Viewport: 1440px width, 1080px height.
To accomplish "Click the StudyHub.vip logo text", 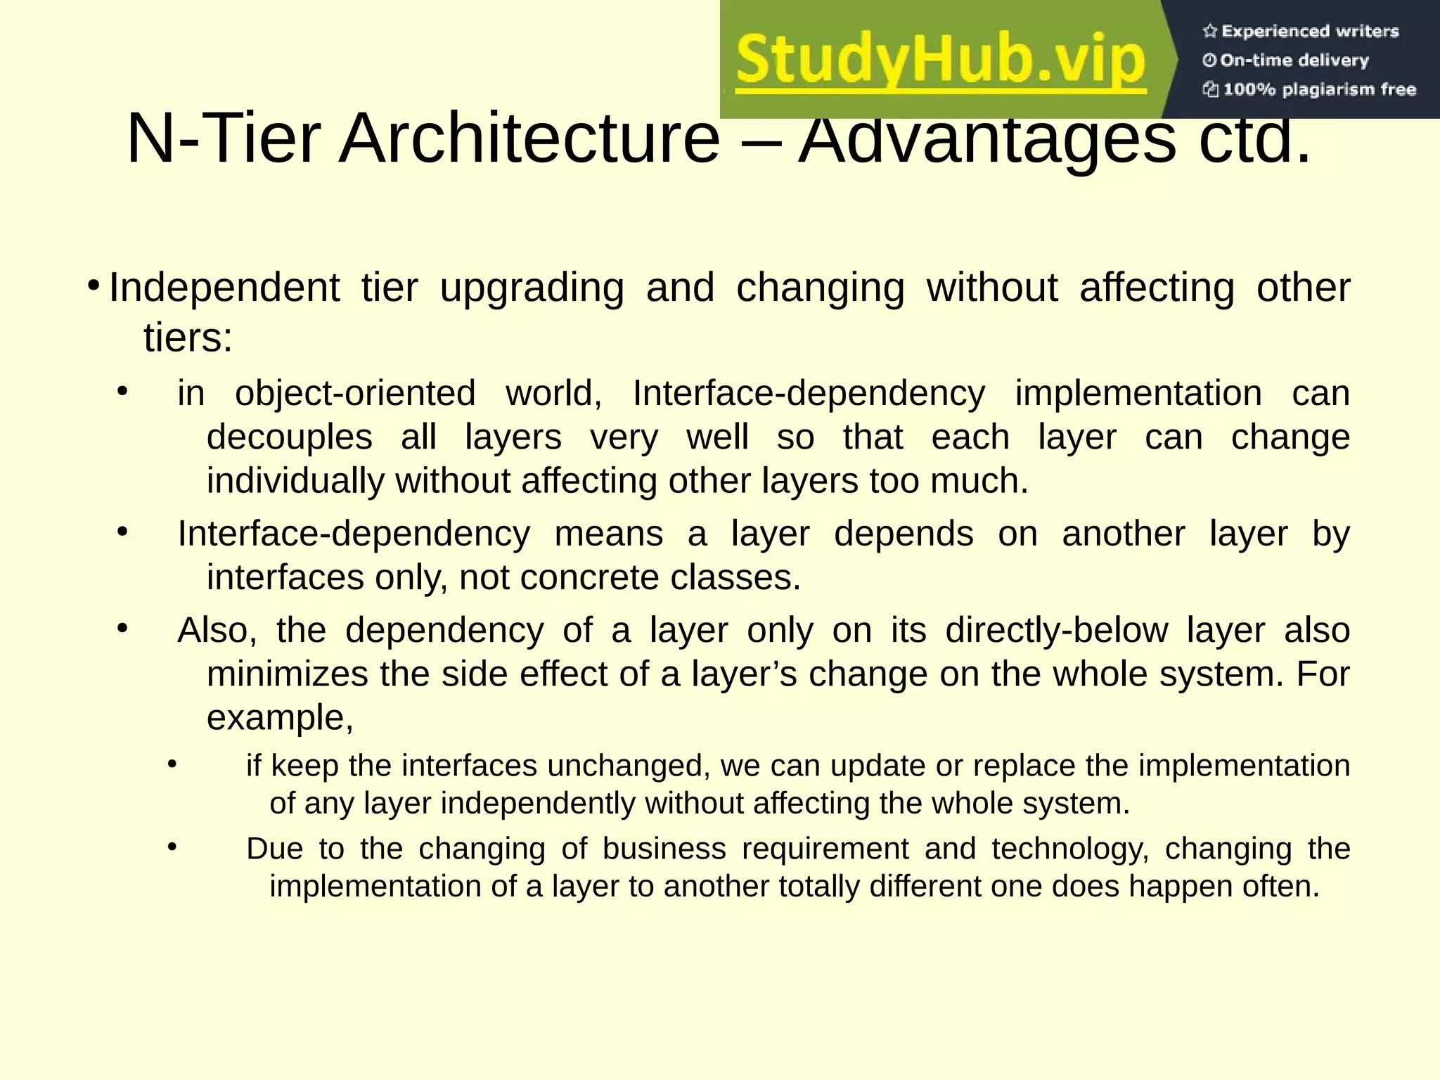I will [x=941, y=61].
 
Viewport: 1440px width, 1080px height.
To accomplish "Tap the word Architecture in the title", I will [x=529, y=139].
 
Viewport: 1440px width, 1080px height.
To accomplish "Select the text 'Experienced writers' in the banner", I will [x=1310, y=31].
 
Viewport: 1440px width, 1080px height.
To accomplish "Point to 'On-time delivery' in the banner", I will [x=1294, y=60].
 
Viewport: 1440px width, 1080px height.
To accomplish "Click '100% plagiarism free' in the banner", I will [x=1319, y=89].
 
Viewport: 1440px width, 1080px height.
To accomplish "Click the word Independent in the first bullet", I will [x=224, y=288].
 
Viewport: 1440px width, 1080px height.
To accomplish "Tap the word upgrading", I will [x=532, y=289].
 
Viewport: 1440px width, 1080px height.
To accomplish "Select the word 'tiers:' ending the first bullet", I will [x=188, y=337].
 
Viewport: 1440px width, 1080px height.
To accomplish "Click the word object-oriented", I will [x=355, y=393].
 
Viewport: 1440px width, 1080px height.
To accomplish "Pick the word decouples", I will [x=289, y=437].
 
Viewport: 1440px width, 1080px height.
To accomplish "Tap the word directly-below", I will [x=1056, y=630].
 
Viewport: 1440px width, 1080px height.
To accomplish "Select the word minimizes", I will [x=288, y=674].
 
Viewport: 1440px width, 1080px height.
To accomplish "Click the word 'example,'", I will [x=280, y=719].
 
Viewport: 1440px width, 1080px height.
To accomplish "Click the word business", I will [x=664, y=849].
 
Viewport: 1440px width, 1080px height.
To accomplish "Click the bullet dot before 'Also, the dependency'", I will [x=122, y=629].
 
